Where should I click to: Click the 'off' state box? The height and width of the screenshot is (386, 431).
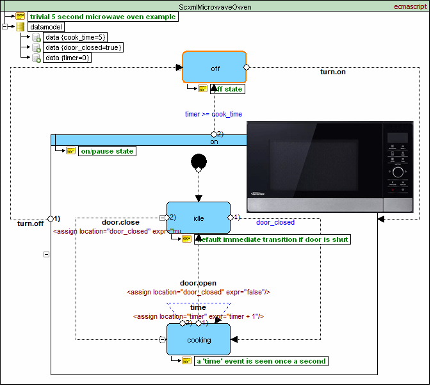215,68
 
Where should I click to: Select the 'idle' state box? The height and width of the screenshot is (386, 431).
199,218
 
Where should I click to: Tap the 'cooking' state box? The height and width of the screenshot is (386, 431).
199,340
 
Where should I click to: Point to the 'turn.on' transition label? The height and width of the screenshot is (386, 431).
332,72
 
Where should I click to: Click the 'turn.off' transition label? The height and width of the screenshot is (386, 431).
29,223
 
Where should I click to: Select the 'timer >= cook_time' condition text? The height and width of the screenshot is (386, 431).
213,114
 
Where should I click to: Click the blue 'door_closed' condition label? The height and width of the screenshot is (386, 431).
275,223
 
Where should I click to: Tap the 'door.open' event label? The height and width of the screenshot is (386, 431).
198,283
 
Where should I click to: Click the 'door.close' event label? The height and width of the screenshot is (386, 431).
120,223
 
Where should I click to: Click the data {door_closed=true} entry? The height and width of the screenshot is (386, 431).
83,47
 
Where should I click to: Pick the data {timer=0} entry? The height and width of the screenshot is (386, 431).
67,58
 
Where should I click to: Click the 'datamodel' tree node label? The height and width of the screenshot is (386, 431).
45,27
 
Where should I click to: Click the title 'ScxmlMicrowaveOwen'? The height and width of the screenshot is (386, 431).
215,7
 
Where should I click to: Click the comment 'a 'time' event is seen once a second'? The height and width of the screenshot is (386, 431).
261,360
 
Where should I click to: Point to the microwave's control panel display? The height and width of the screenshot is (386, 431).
397,138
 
